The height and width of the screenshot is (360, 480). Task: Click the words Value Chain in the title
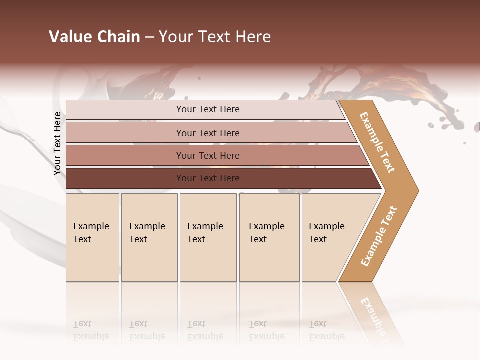pos(94,37)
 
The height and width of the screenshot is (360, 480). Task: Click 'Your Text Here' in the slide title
pos(215,37)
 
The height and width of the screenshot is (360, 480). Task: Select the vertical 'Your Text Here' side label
pos(58,144)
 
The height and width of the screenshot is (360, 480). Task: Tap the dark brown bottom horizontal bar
pos(125,178)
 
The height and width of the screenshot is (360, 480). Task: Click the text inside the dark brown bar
pos(208,178)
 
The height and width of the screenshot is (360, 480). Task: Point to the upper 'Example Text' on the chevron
pos(377,142)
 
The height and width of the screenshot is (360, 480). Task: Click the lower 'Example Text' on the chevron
pos(379,236)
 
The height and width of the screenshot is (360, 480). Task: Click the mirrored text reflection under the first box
pos(91,331)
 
